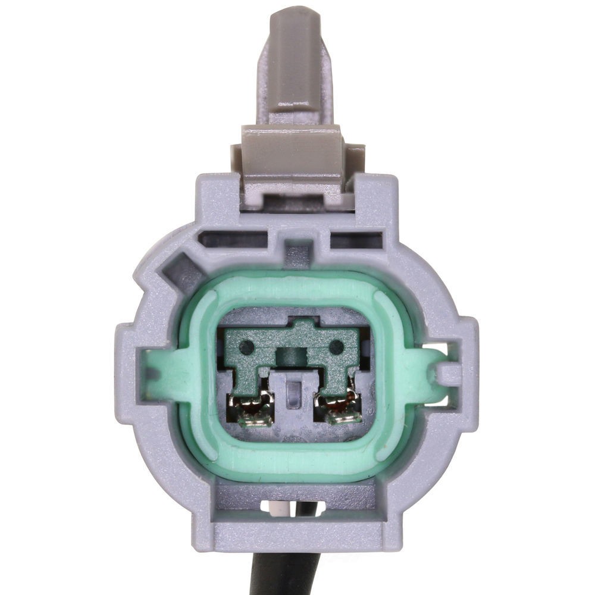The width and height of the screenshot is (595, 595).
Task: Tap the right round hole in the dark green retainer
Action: pyautogui.click(x=337, y=346)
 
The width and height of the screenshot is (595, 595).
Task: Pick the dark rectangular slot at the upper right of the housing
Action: pyautogui.click(x=356, y=240)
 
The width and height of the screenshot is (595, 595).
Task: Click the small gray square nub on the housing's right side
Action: pyautogui.click(x=449, y=374)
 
